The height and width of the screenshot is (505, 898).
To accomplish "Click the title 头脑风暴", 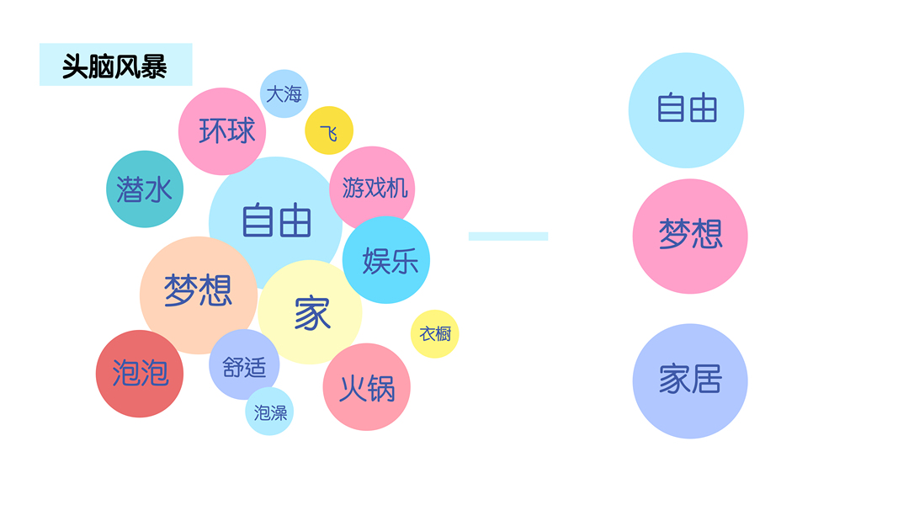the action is click(115, 66).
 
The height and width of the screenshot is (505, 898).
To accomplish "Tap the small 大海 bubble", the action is click(284, 93).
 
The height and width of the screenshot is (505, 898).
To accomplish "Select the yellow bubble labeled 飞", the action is click(329, 131).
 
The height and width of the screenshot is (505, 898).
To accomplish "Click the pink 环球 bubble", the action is click(222, 130).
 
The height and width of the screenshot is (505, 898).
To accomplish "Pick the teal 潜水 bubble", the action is click(144, 189).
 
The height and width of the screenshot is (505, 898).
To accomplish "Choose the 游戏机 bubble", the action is click(375, 187).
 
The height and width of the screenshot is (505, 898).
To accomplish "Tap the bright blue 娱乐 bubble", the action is click(388, 260).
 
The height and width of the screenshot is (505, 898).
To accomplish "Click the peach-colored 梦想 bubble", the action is click(197, 292).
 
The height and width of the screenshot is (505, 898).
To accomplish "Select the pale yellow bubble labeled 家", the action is click(311, 314).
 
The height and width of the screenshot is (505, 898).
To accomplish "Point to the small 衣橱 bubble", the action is click(435, 334).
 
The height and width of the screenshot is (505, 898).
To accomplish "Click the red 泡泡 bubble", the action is click(140, 373).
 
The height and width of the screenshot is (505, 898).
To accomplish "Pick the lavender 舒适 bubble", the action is click(243, 366).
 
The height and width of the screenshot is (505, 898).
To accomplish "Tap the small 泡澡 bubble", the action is click(270, 412).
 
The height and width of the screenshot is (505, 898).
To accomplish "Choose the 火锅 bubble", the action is click(366, 387).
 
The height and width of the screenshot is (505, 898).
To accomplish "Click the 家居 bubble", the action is click(690, 380).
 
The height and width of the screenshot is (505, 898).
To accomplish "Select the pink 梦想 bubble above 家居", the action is click(690, 236).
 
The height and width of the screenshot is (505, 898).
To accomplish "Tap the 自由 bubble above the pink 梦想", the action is click(687, 110).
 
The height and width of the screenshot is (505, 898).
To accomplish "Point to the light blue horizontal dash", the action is click(508, 237).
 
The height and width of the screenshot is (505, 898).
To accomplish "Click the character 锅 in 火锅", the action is click(380, 388).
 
